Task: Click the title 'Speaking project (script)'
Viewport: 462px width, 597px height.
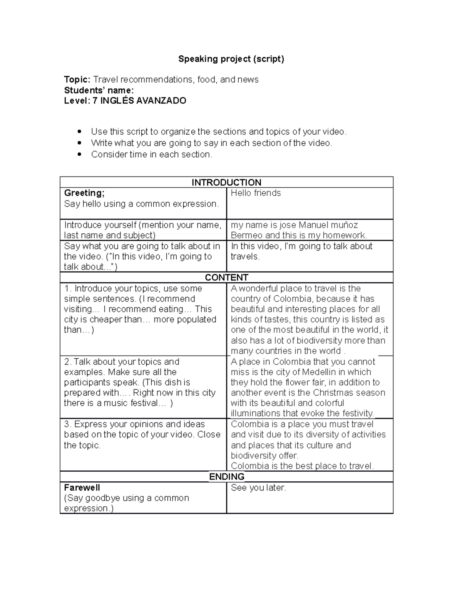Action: [231, 59]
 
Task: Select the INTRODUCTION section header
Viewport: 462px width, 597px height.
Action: [226, 182]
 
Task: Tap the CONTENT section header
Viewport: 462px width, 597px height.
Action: [226, 278]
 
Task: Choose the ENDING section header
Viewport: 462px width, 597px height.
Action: [226, 477]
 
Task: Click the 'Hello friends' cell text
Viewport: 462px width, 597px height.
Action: [256, 193]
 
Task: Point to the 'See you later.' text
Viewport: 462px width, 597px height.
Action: [258, 488]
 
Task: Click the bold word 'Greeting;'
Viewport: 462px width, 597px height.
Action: [84, 193]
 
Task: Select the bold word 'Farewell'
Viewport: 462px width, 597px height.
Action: [82, 488]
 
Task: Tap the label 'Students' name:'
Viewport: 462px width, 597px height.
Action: [99, 90]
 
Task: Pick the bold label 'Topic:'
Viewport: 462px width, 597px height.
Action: [77, 80]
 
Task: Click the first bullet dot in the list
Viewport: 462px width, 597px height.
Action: [80, 131]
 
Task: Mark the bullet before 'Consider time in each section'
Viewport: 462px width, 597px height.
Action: [80, 155]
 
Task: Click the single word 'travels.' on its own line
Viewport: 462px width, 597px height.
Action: [245, 256]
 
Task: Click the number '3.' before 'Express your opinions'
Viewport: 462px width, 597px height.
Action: [68, 424]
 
